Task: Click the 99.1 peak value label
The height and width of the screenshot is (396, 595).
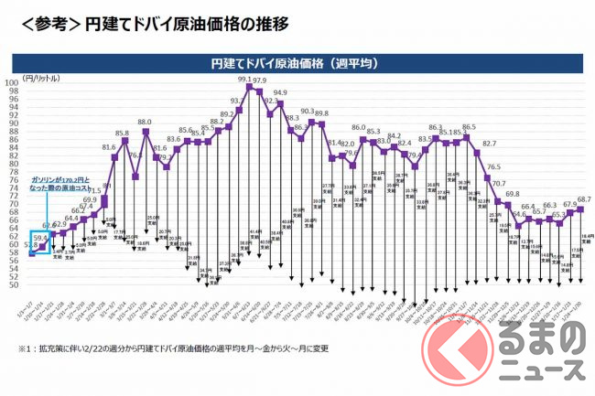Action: pos(243,80)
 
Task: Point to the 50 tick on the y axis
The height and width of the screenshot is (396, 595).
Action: pos(14,284)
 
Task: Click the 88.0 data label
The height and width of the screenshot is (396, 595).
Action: pos(145,121)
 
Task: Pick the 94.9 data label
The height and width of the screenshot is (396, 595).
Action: pos(280,92)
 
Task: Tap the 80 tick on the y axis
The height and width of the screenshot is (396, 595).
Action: pos(14,164)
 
